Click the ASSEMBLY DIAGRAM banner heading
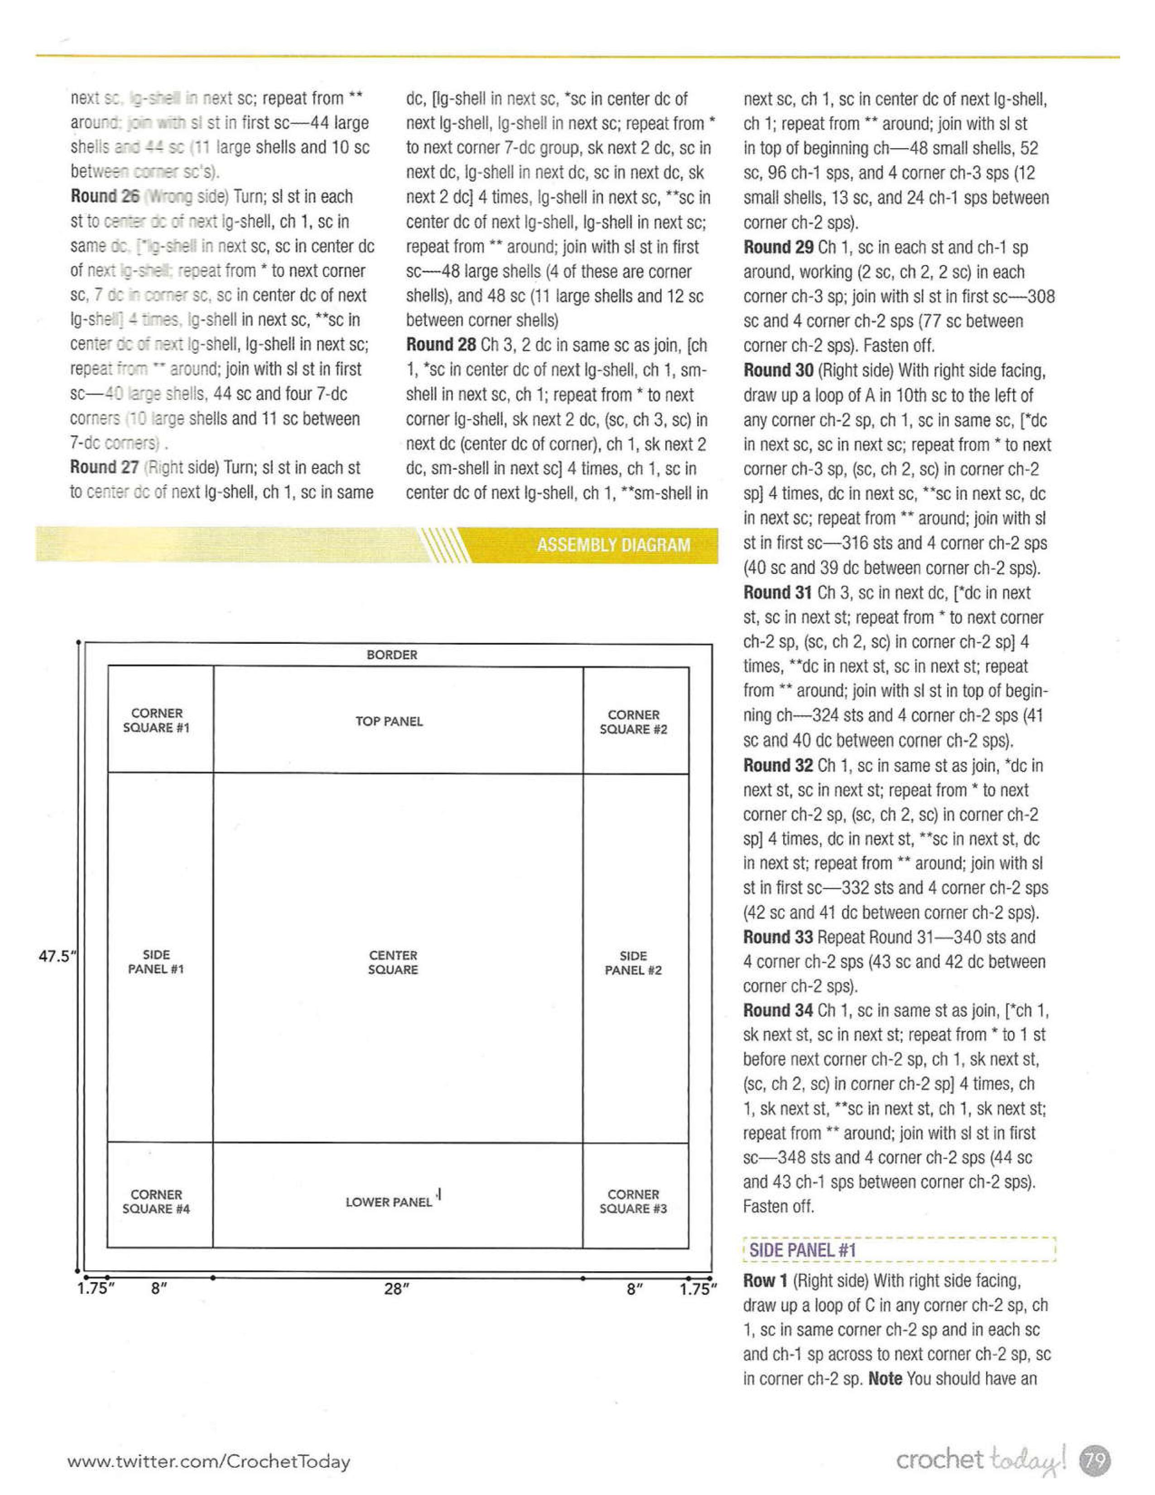(x=613, y=545)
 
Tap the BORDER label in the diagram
(x=391, y=655)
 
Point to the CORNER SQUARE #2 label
(x=633, y=722)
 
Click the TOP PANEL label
(x=389, y=722)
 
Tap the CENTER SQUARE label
(x=393, y=962)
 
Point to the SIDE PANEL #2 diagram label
(x=633, y=963)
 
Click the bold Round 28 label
(x=441, y=345)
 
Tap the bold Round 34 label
(x=778, y=1010)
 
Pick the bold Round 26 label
(x=105, y=197)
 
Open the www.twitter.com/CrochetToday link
(x=209, y=1461)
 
